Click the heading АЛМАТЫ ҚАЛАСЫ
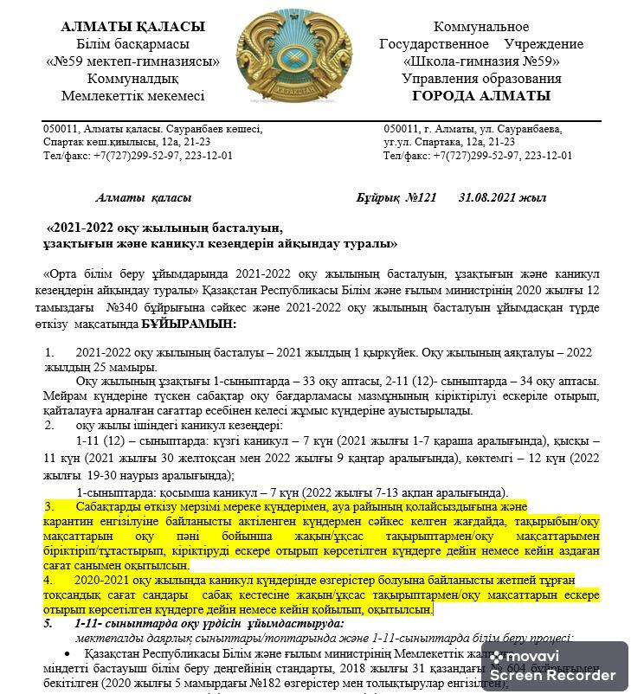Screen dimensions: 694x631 click(133, 28)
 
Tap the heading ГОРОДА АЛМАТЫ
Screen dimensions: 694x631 click(481, 96)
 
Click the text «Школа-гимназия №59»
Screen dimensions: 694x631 click(481, 61)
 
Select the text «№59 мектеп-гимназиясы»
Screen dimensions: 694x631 click(132, 61)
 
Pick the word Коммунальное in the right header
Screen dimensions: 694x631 click(481, 28)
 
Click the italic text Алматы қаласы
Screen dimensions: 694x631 click(144, 198)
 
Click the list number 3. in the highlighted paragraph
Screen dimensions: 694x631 click(49, 506)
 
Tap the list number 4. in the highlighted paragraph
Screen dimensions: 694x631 click(49, 580)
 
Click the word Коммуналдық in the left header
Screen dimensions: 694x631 click(132, 79)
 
